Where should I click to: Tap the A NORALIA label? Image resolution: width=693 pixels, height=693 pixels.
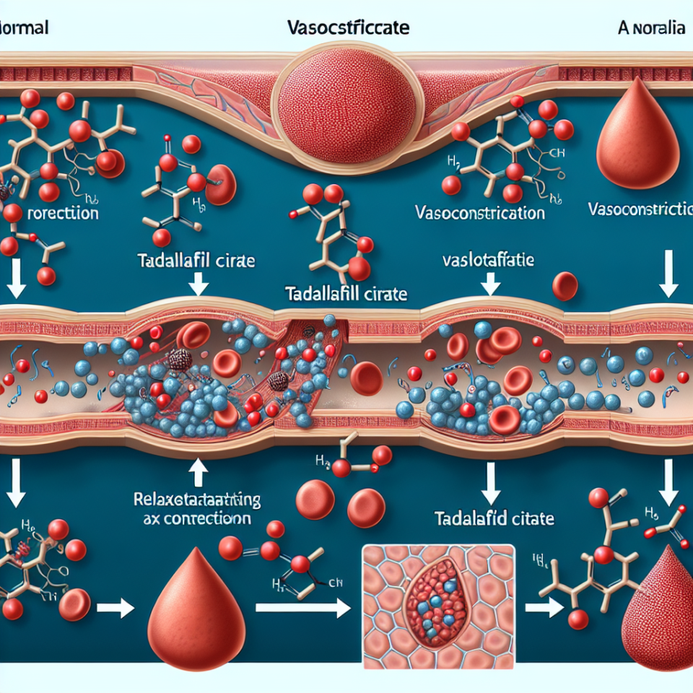click(651, 29)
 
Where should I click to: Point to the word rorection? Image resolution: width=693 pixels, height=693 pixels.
click(62, 214)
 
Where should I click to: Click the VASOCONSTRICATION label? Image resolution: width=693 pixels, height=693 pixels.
click(480, 213)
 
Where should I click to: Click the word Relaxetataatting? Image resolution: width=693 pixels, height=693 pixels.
click(199, 499)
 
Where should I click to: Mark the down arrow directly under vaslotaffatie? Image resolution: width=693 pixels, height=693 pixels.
click(490, 285)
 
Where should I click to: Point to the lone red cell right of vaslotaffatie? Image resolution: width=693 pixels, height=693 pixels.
click(565, 286)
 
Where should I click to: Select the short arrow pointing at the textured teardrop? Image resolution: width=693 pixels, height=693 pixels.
click(544, 608)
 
